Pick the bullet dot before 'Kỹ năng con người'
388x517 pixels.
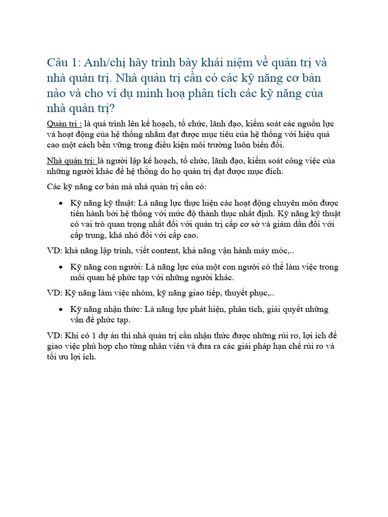(61, 267)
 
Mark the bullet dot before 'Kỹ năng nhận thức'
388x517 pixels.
(61, 309)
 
